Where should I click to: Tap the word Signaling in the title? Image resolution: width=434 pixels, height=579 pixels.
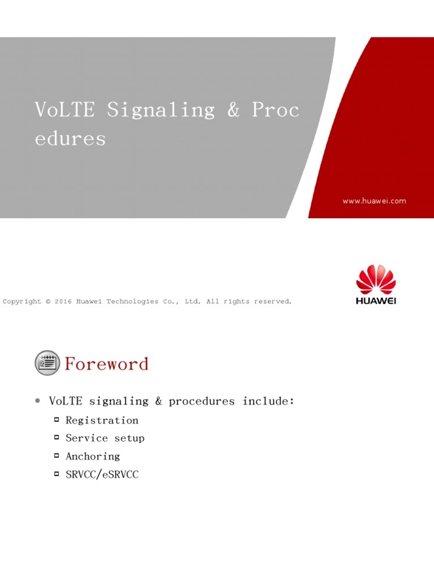[161, 110]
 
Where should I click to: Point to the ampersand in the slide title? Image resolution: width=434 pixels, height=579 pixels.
[233, 110]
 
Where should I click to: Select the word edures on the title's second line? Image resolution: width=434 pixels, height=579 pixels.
[71, 139]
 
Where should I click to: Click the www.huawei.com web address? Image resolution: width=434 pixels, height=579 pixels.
[374, 201]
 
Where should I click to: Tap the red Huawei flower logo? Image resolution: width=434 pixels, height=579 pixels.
[376, 279]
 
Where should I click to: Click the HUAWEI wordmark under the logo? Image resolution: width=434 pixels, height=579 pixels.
[376, 301]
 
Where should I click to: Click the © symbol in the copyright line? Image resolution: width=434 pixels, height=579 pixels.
[49, 301]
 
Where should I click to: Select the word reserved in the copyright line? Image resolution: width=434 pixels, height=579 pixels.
[273, 301]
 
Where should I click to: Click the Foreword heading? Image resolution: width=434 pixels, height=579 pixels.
[106, 364]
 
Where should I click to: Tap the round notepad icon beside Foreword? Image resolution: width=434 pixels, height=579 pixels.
[47, 363]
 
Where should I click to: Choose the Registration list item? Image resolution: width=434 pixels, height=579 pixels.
[102, 420]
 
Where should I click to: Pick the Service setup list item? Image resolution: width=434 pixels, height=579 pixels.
[105, 438]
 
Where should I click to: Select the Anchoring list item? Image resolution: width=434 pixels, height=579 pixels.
[93, 456]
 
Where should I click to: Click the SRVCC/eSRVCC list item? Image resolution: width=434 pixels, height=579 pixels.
[102, 474]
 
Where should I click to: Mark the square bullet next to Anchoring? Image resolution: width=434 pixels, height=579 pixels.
[57, 456]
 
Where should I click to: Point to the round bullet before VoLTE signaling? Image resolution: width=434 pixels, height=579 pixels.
[37, 401]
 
